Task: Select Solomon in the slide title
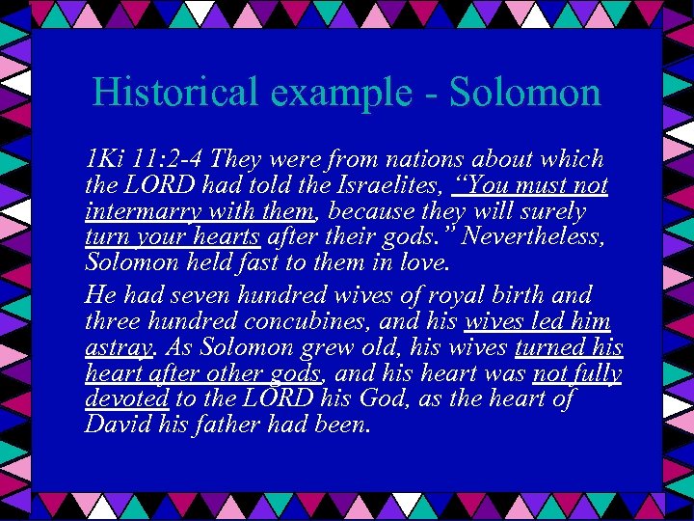pos(525,93)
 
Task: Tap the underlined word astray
pos(118,348)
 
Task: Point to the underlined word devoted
pos(127,399)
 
